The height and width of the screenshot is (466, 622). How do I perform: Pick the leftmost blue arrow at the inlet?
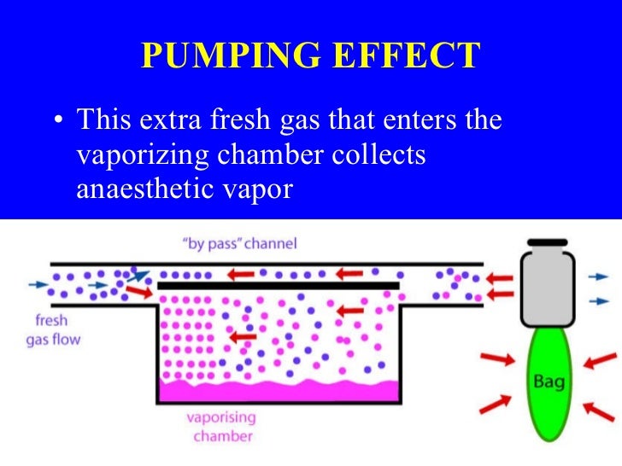pyautogui.click(x=38, y=285)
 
